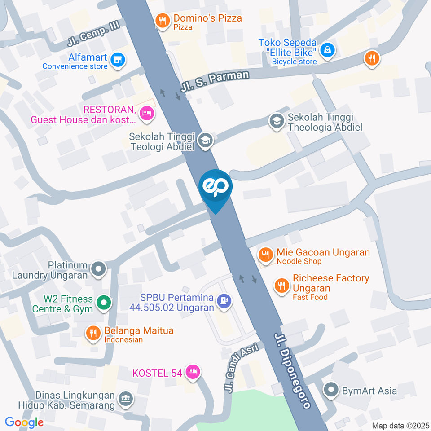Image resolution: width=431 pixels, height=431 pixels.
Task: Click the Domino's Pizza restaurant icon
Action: tap(162, 20)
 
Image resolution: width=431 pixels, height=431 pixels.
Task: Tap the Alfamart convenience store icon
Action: tap(118, 60)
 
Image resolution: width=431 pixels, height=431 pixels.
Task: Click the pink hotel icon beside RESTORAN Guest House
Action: tap(146, 114)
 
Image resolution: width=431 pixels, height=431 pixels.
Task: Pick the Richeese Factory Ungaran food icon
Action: tap(282, 285)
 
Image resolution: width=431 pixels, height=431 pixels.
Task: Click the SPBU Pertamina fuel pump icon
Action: tap(224, 300)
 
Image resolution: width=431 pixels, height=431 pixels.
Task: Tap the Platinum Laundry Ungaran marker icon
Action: tap(98, 269)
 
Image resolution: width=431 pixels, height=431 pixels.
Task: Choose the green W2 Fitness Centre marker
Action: tap(104, 303)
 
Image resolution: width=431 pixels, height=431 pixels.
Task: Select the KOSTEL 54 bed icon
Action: tap(193, 372)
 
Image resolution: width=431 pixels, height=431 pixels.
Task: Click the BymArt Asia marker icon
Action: tap(332, 390)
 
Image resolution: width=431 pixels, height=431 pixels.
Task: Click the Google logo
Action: tap(24, 422)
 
